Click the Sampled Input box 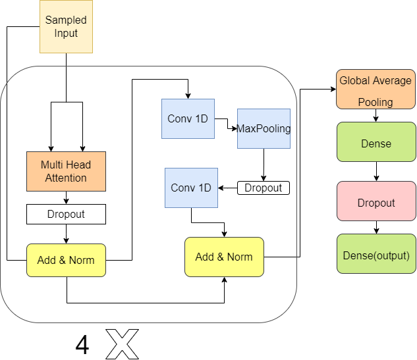[x=66, y=26]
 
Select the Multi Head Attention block [x=66, y=172]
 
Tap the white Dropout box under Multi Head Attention [x=66, y=214]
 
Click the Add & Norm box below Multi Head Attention [x=66, y=260]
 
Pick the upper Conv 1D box [x=188, y=118]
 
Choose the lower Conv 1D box [x=191, y=188]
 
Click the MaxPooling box [x=264, y=128]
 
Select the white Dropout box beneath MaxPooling [x=263, y=188]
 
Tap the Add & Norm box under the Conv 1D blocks [x=224, y=257]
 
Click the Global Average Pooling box [x=375, y=90]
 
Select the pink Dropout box [x=375, y=202]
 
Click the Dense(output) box [x=375, y=254]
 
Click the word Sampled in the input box [x=66, y=20]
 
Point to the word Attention [x=66, y=178]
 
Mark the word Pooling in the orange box [x=375, y=102]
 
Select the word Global [x=354, y=81]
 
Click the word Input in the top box [x=66, y=33]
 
